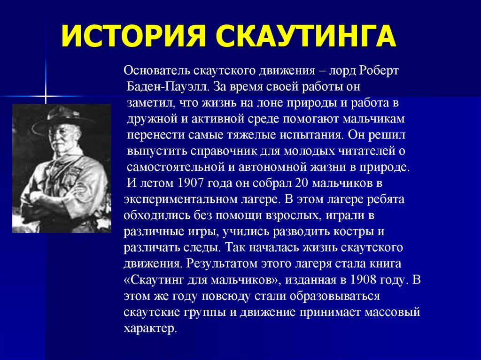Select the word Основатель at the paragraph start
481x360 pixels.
pos(156,70)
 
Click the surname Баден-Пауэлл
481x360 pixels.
pos(168,87)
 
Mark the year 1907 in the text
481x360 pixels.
pos(191,183)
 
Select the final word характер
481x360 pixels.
pos(151,329)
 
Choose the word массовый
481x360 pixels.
pos(392,313)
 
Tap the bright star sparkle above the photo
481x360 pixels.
pos(46,96)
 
